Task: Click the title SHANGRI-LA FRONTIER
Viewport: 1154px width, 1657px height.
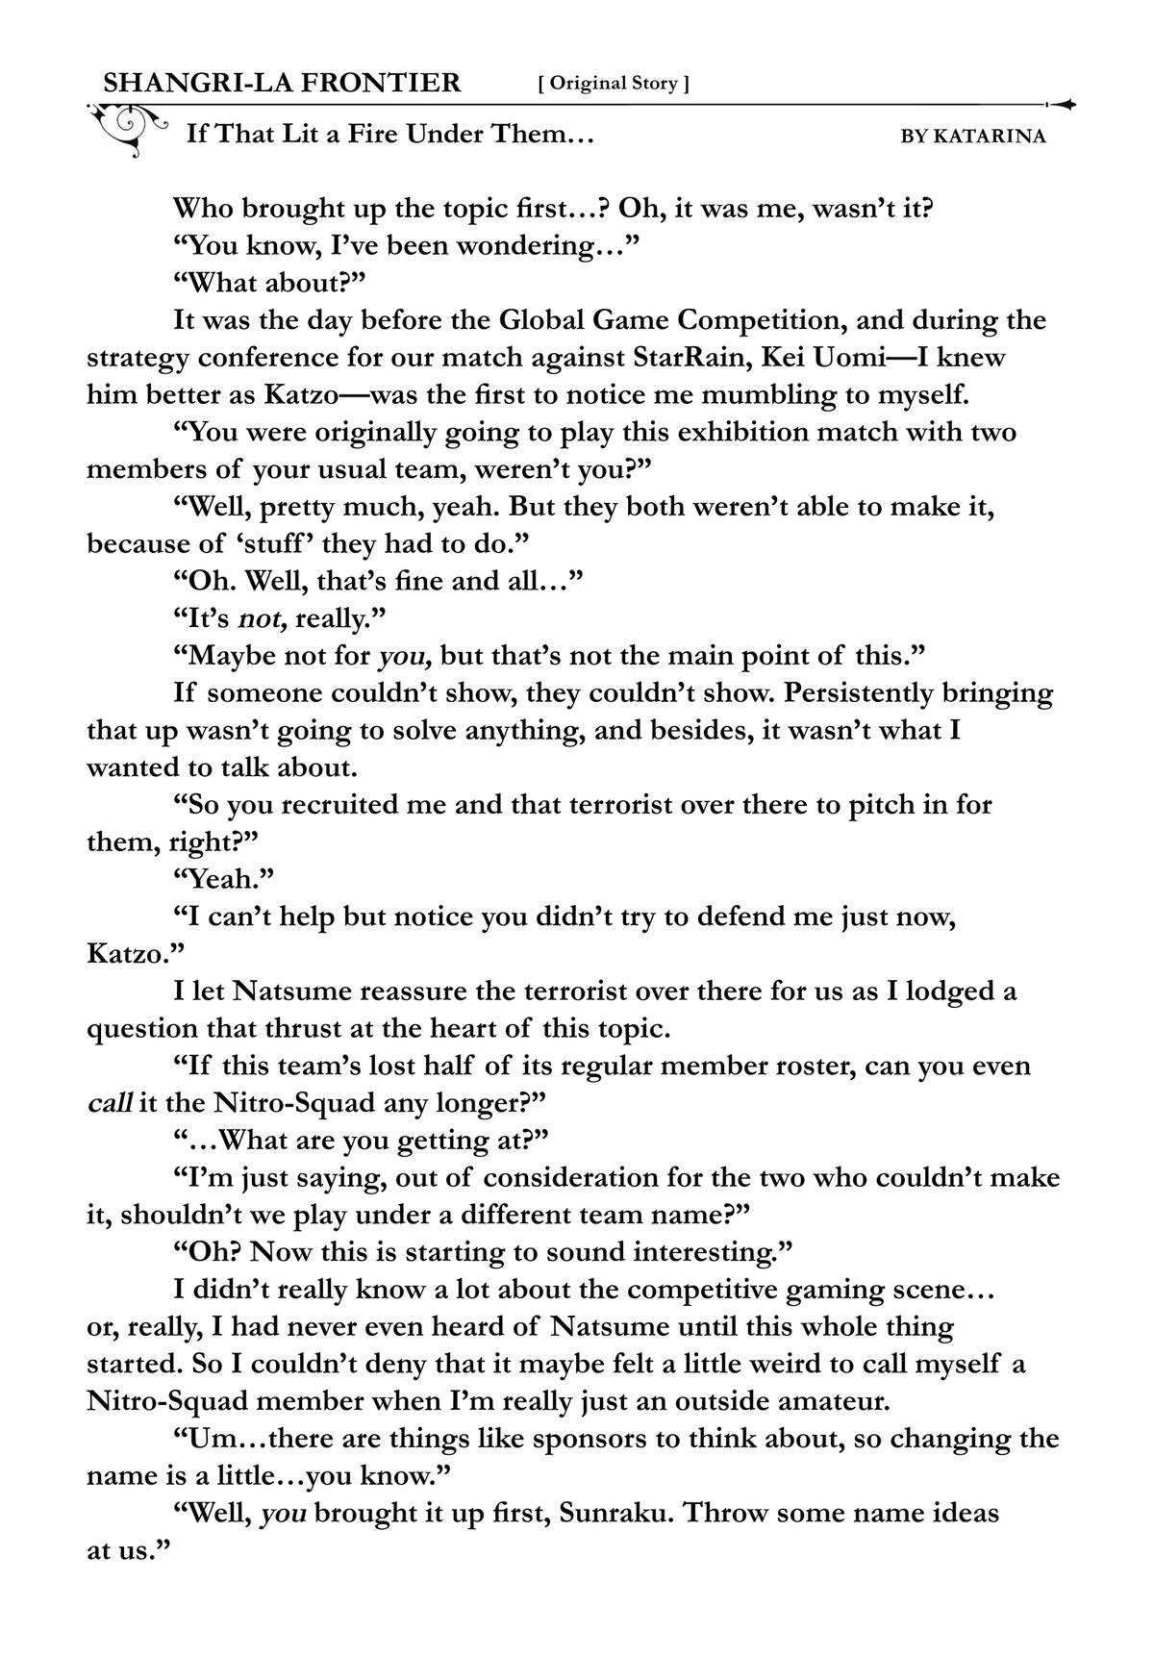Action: coord(282,83)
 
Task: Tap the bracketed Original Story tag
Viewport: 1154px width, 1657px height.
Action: coord(614,84)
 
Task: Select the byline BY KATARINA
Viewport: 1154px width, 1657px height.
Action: coord(972,137)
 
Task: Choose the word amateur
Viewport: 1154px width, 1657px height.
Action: coord(827,1401)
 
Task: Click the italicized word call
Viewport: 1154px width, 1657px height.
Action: coord(110,1103)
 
